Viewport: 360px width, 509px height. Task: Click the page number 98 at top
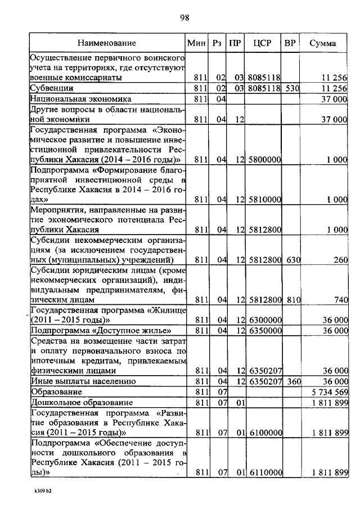183,17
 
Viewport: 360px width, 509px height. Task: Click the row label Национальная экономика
73,99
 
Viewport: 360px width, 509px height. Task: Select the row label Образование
57,391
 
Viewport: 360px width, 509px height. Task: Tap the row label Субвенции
52,88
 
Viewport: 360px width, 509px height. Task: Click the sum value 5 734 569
329,391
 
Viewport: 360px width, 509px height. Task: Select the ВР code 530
291,88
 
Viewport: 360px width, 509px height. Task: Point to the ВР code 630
291,259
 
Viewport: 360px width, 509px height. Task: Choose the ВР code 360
291,381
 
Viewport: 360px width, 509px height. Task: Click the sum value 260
340,259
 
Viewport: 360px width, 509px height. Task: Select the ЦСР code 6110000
264,474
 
